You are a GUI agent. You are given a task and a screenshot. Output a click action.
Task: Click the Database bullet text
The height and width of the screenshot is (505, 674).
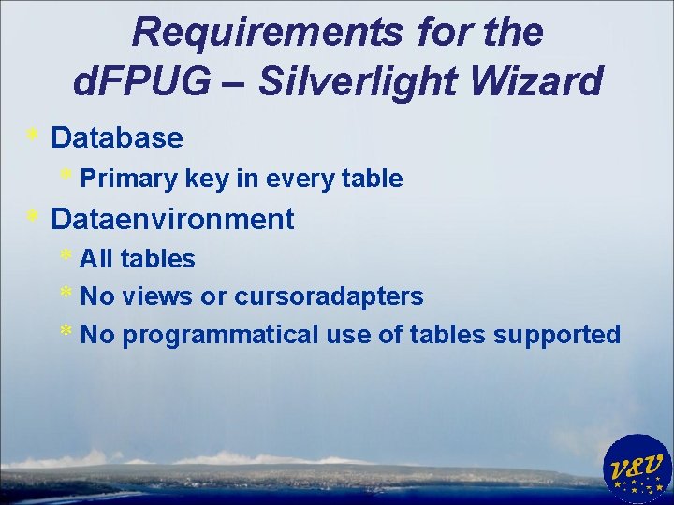coord(117,138)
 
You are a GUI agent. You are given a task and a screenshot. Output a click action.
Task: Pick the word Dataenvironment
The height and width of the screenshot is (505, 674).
coord(172,220)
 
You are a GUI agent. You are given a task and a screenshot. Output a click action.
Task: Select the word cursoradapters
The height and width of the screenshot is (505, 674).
coord(329,297)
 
